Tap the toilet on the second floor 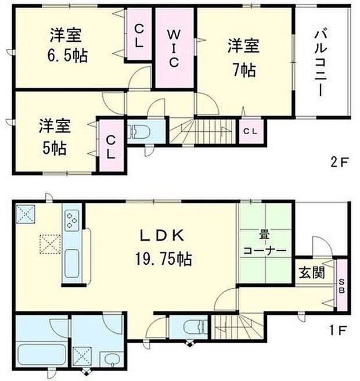(x=139, y=131)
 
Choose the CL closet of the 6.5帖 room (x=140, y=35)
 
